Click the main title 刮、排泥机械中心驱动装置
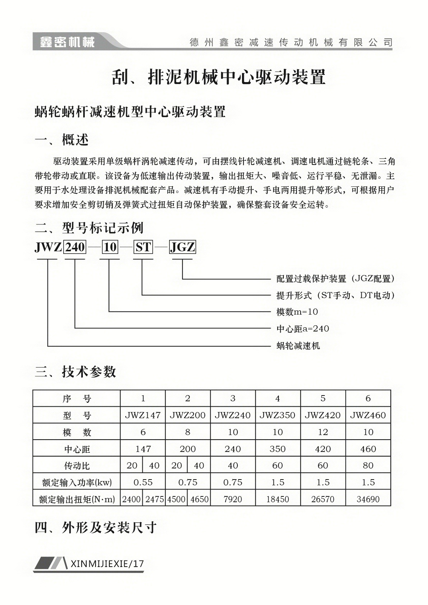pos(218,77)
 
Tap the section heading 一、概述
pos(62,140)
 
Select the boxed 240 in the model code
pos(75,247)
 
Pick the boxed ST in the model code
pos(143,247)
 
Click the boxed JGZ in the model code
pos(183,247)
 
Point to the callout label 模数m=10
pos(297,312)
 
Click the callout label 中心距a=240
pos(303,329)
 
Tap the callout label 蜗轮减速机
pos(298,346)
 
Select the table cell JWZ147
pos(143,415)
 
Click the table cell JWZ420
pos(323,415)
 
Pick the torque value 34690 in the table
pos(368,499)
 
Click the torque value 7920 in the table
pos(233,499)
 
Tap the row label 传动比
pos(77,466)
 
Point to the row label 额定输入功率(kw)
pos(77,482)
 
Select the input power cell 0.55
pos(143,482)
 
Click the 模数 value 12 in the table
pos(323,432)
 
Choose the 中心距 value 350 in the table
pos(278,449)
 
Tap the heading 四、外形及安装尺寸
pos(95,528)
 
